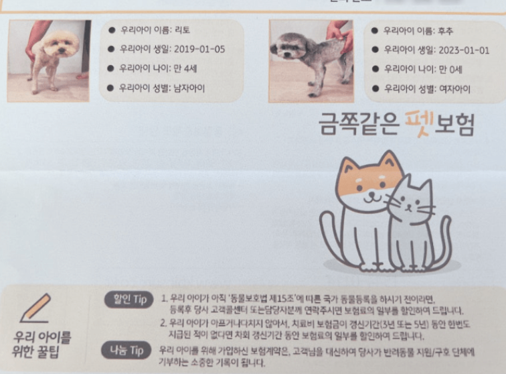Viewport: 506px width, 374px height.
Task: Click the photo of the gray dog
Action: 311,60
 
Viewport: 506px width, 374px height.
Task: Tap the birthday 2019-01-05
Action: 199,50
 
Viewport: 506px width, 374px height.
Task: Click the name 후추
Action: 444,31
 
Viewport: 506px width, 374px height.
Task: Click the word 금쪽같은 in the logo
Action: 358,124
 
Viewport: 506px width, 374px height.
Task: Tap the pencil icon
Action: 37,306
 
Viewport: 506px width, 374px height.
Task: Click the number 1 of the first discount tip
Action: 164,297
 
